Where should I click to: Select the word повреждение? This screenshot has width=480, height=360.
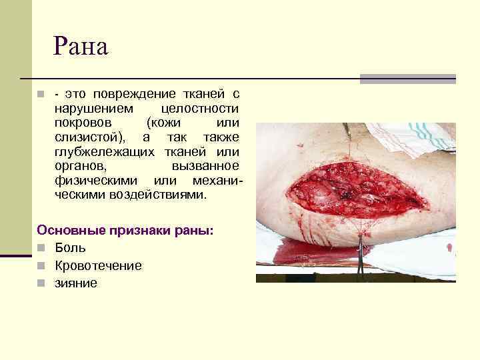coord(133,93)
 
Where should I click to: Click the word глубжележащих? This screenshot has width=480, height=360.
coord(103,152)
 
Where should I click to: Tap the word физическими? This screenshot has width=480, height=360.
coord(98,181)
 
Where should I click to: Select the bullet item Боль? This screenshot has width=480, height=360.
coord(71,248)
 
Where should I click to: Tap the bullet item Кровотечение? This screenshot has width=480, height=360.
coord(99,265)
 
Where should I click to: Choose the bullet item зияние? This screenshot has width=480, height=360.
coord(77,283)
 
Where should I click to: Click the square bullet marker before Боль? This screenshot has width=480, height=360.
coord(41,249)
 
